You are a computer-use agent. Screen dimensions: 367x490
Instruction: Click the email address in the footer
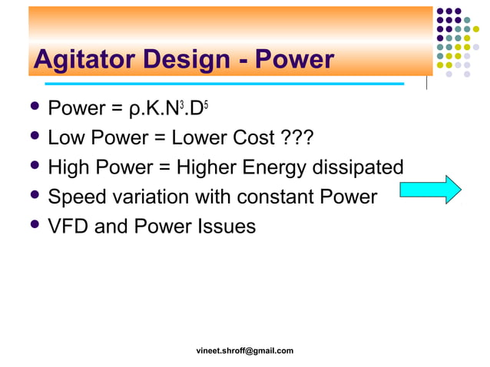point(245,351)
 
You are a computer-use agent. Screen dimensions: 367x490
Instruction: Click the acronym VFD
point(68,226)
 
